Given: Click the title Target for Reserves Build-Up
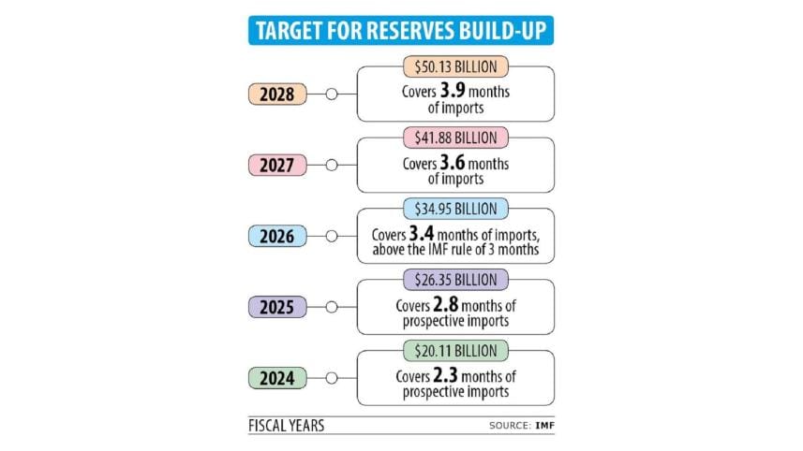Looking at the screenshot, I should click(401, 31).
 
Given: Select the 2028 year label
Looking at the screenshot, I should click(277, 95).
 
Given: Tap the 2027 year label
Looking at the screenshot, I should click(277, 166).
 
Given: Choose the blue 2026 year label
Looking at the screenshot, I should click(277, 237).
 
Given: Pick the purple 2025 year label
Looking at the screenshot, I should click(277, 308).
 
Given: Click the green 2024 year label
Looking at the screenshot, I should click(277, 379).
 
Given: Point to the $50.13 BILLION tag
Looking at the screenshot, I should click(455, 66).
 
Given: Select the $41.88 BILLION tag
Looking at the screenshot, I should click(455, 138).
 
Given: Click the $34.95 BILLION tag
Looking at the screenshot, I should click(455, 209).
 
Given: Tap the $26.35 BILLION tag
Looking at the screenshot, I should click(455, 280).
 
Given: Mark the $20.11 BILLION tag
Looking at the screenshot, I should click(455, 351).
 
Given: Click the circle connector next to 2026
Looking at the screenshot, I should click(330, 237).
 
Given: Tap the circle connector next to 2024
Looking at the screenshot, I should click(330, 379).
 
